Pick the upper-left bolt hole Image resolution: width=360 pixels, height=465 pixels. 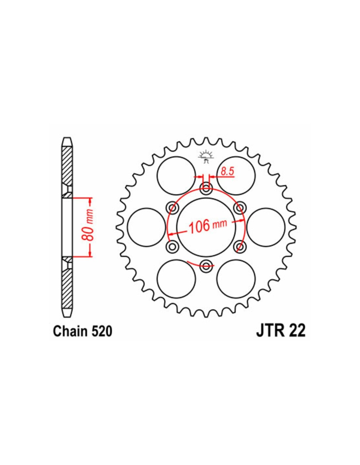173,208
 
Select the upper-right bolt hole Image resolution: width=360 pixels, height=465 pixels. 240,208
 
